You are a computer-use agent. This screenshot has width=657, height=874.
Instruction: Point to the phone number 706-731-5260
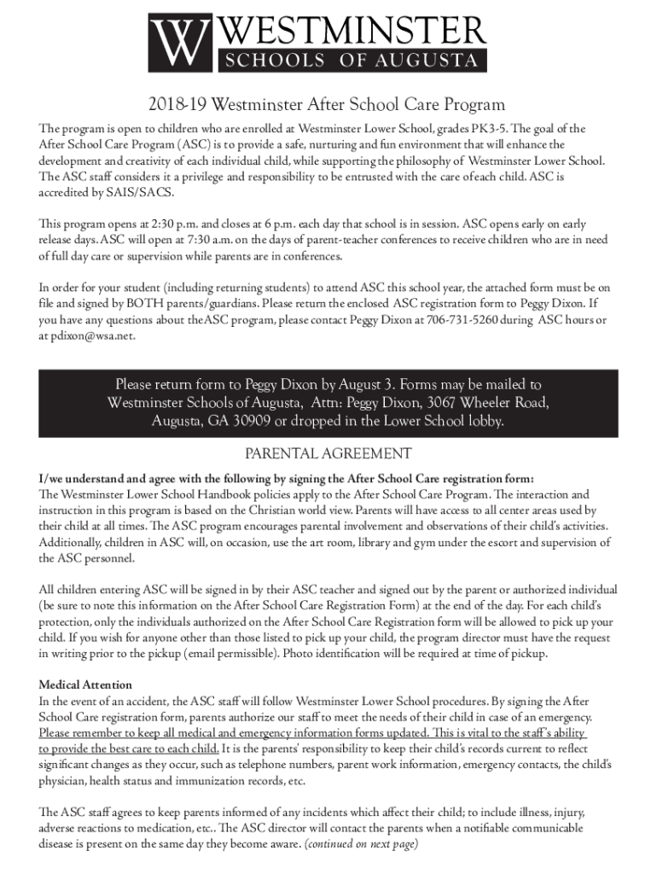click(x=462, y=320)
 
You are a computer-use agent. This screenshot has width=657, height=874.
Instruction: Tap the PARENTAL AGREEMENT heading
click(x=328, y=454)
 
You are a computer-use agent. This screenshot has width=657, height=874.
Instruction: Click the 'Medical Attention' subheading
click(x=85, y=685)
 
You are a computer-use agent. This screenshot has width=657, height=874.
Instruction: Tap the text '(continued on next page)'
click(x=362, y=844)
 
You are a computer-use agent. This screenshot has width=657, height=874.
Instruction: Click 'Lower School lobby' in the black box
click(x=439, y=421)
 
